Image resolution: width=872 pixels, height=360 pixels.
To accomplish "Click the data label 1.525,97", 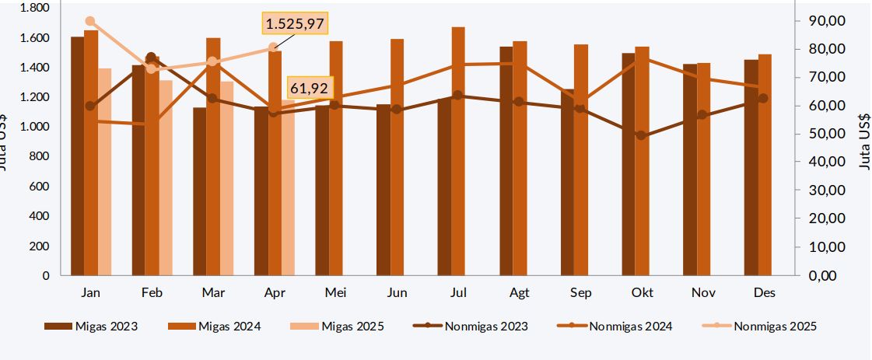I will (x=295, y=24).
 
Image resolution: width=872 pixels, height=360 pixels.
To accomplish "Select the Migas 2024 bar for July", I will (x=458, y=151).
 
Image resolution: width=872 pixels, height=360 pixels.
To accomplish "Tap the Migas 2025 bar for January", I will (x=105, y=172).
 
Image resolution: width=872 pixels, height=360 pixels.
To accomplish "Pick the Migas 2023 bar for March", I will (x=200, y=191).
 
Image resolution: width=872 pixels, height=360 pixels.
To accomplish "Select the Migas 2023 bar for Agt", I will (x=506, y=161).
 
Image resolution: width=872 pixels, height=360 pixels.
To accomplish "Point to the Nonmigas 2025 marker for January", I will (x=90, y=21).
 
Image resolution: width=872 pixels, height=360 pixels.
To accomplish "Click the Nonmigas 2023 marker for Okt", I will (x=641, y=135).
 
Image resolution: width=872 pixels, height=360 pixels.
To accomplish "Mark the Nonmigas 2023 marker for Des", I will (x=763, y=98).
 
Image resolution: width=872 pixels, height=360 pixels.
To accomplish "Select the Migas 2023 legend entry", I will (x=91, y=327).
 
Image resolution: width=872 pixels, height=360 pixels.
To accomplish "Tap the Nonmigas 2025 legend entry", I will (x=762, y=327).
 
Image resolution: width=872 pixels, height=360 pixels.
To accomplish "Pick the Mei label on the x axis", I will (x=335, y=293).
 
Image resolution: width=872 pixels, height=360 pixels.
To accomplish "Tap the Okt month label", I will (x=642, y=293).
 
